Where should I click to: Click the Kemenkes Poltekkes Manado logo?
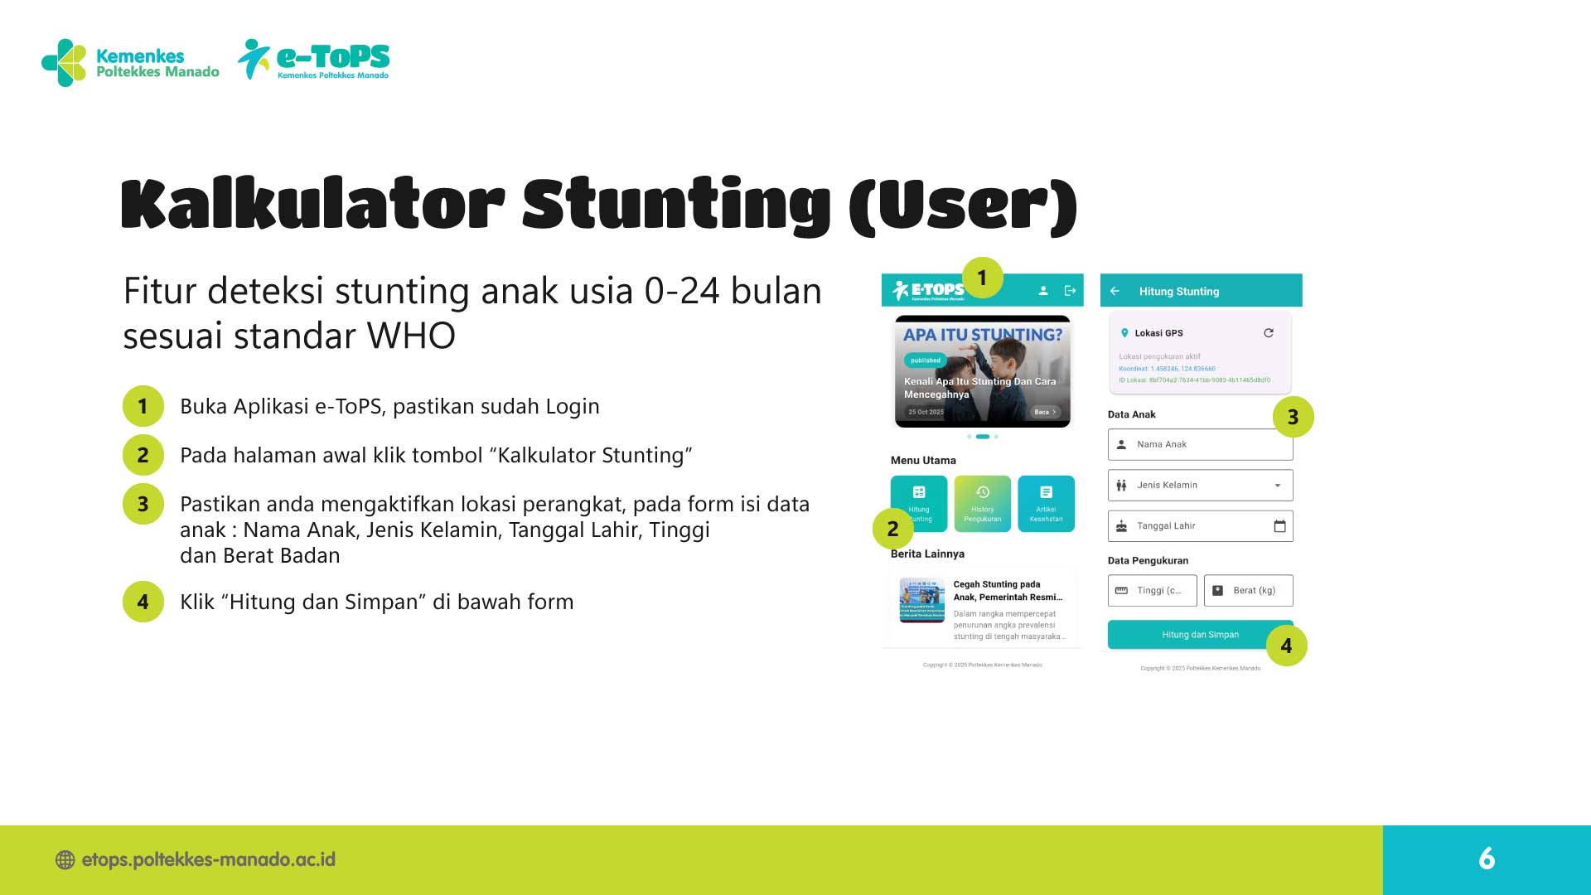click(x=130, y=63)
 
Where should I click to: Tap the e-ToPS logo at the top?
click(x=314, y=60)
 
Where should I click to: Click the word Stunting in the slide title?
click(x=675, y=204)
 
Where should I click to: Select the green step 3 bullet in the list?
click(x=143, y=504)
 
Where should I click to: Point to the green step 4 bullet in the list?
click(x=143, y=602)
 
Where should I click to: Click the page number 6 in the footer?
click(x=1487, y=859)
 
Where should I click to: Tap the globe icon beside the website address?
click(x=65, y=860)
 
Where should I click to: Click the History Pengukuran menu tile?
click(x=982, y=503)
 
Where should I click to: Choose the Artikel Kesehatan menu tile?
click(x=1046, y=503)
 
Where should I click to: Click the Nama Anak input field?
click(x=1200, y=444)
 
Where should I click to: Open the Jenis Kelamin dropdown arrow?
click(x=1278, y=486)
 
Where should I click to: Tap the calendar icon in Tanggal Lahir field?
click(x=1279, y=526)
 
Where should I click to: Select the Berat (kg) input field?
click(x=1248, y=591)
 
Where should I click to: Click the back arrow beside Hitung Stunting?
click(x=1115, y=291)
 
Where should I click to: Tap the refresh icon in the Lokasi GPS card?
click(x=1268, y=333)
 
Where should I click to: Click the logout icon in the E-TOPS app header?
click(x=1070, y=290)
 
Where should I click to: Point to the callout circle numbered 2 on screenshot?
click(x=892, y=529)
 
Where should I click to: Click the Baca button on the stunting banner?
click(x=1044, y=412)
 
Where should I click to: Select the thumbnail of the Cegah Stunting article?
click(x=921, y=600)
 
